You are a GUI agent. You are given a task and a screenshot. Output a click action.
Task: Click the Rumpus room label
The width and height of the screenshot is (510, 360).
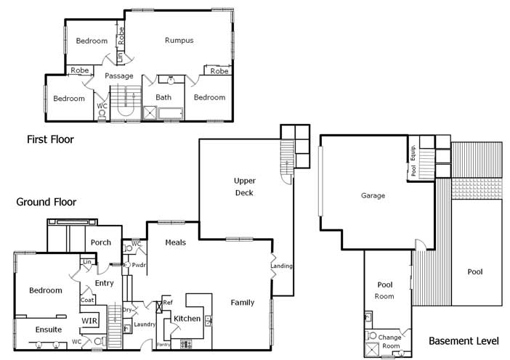(179, 41)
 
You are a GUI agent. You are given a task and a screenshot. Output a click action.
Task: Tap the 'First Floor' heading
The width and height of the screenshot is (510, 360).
(50, 139)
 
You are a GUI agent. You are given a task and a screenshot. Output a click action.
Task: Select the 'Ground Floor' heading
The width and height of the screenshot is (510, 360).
(46, 202)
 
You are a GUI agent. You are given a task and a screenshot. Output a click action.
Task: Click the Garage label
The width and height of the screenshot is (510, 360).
(373, 195)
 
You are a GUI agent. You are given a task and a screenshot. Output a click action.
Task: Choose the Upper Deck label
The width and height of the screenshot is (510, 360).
(244, 187)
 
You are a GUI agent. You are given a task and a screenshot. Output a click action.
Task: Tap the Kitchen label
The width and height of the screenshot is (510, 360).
(187, 319)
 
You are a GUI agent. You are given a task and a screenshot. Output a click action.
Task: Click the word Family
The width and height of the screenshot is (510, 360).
(243, 302)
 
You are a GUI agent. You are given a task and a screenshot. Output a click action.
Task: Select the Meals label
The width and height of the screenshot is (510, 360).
(176, 242)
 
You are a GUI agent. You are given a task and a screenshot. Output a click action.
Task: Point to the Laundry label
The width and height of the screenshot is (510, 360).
(145, 324)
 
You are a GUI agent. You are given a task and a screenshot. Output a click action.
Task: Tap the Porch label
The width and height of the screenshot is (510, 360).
(101, 243)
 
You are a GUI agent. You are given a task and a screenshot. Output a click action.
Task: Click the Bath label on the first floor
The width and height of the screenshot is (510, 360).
(163, 97)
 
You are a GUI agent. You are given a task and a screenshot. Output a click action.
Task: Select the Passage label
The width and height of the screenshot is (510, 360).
(119, 75)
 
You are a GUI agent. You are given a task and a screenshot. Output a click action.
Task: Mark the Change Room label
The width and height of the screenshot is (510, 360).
(391, 341)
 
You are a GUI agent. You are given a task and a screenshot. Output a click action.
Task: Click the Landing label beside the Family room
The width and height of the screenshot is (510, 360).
(281, 266)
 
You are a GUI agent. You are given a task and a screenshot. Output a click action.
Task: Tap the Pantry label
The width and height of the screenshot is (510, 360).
(163, 344)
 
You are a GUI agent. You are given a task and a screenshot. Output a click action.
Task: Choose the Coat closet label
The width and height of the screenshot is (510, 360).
(87, 299)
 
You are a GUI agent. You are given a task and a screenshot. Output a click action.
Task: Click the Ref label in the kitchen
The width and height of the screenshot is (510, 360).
(168, 302)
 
